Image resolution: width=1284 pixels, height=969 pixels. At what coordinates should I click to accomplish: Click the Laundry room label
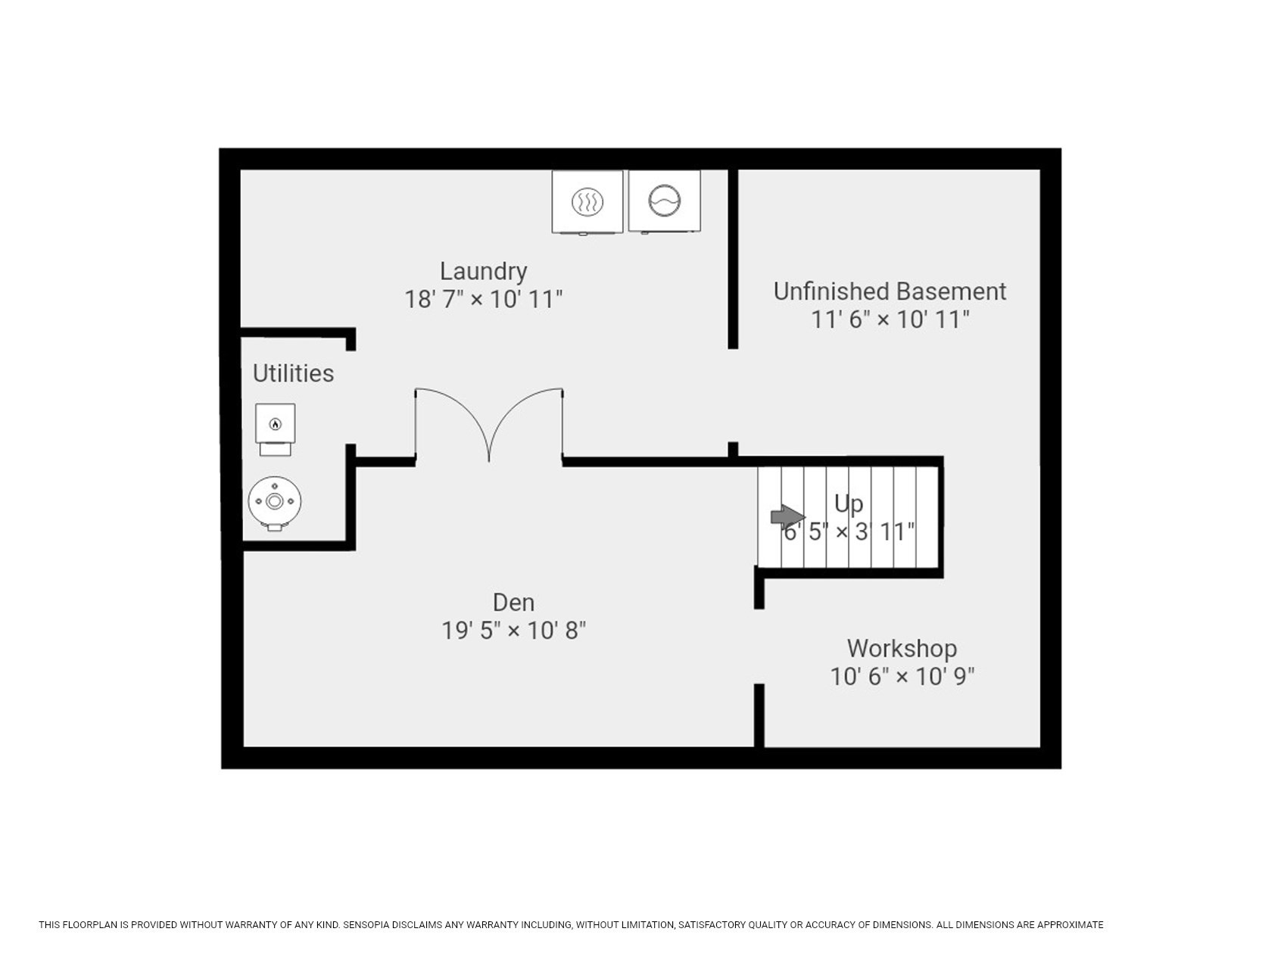[x=483, y=271]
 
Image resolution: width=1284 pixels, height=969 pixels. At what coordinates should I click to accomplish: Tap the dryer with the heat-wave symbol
[x=587, y=202]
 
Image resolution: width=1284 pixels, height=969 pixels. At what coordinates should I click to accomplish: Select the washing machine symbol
[x=665, y=201]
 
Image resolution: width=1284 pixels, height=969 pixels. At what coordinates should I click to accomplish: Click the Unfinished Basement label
[x=890, y=291]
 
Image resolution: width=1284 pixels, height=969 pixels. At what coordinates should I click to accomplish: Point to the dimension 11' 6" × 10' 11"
[x=890, y=319]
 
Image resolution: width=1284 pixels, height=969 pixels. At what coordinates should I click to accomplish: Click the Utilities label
[x=293, y=373]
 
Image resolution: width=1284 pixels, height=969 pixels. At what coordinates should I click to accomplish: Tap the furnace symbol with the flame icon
[x=276, y=429]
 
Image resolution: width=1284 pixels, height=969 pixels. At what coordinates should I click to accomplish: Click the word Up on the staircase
[x=849, y=503]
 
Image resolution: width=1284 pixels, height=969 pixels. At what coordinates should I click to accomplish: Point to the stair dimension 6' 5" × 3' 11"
[x=849, y=532]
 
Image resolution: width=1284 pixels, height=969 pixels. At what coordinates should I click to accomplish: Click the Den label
[x=513, y=603]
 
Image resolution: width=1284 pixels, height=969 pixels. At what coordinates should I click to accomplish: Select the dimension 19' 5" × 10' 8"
[x=514, y=631]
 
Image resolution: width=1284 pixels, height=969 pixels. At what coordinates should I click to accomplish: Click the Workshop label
[x=902, y=649]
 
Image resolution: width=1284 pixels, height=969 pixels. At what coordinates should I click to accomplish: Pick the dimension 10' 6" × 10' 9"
[x=902, y=676]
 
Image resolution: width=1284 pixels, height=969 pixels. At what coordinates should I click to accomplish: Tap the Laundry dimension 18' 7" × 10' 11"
[x=484, y=299]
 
